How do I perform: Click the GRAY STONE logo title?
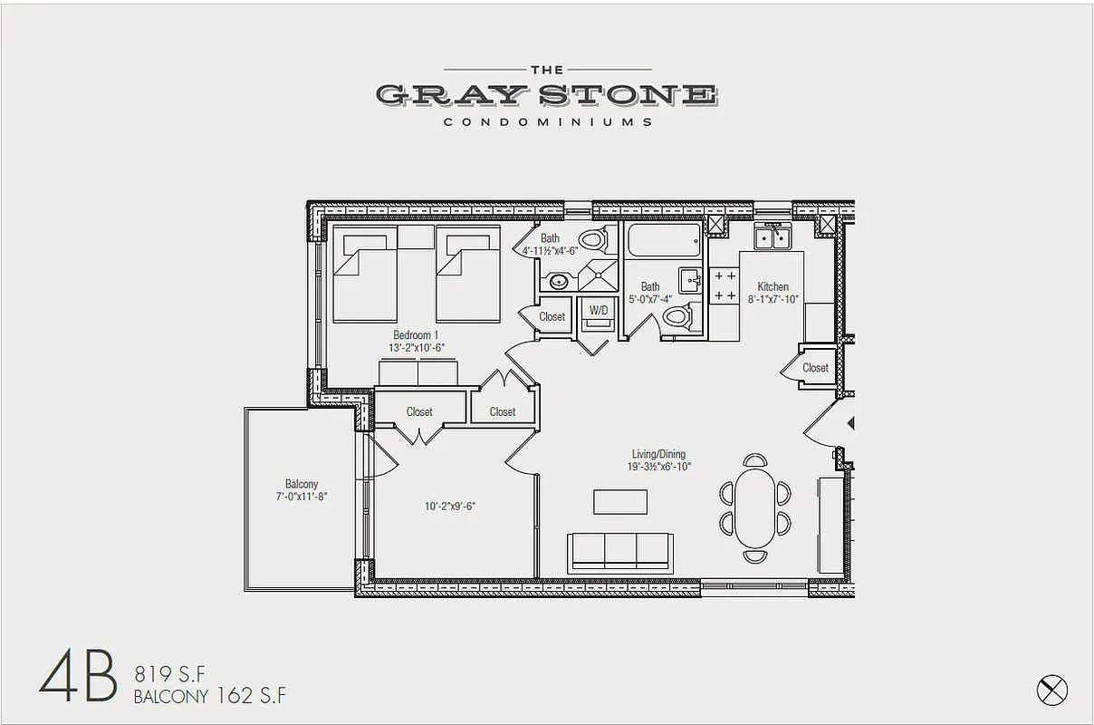click(x=547, y=94)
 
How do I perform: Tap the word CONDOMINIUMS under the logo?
click(x=547, y=121)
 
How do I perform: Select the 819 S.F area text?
click(x=170, y=673)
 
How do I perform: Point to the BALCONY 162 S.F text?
click(x=209, y=697)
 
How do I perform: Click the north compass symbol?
click(x=1051, y=690)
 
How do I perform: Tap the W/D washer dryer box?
click(x=599, y=311)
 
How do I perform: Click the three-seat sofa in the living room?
click(x=620, y=551)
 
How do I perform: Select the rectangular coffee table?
click(x=620, y=502)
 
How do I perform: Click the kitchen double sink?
click(x=773, y=237)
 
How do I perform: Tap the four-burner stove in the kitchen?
click(x=724, y=285)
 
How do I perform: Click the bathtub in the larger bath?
click(x=664, y=240)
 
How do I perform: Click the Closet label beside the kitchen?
click(x=815, y=368)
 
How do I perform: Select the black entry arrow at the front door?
click(x=850, y=423)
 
